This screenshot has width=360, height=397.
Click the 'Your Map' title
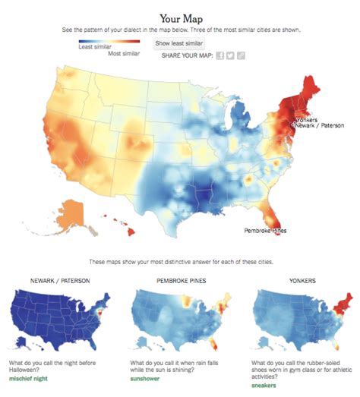pyautogui.click(x=180, y=17)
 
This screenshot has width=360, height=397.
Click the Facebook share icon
pyautogui.click(x=219, y=56)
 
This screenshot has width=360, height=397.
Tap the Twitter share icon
pyautogui.click(x=230, y=56)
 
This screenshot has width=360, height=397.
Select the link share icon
pyautogui.click(x=241, y=56)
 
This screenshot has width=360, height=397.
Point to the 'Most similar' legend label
pyautogui.click(x=123, y=53)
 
